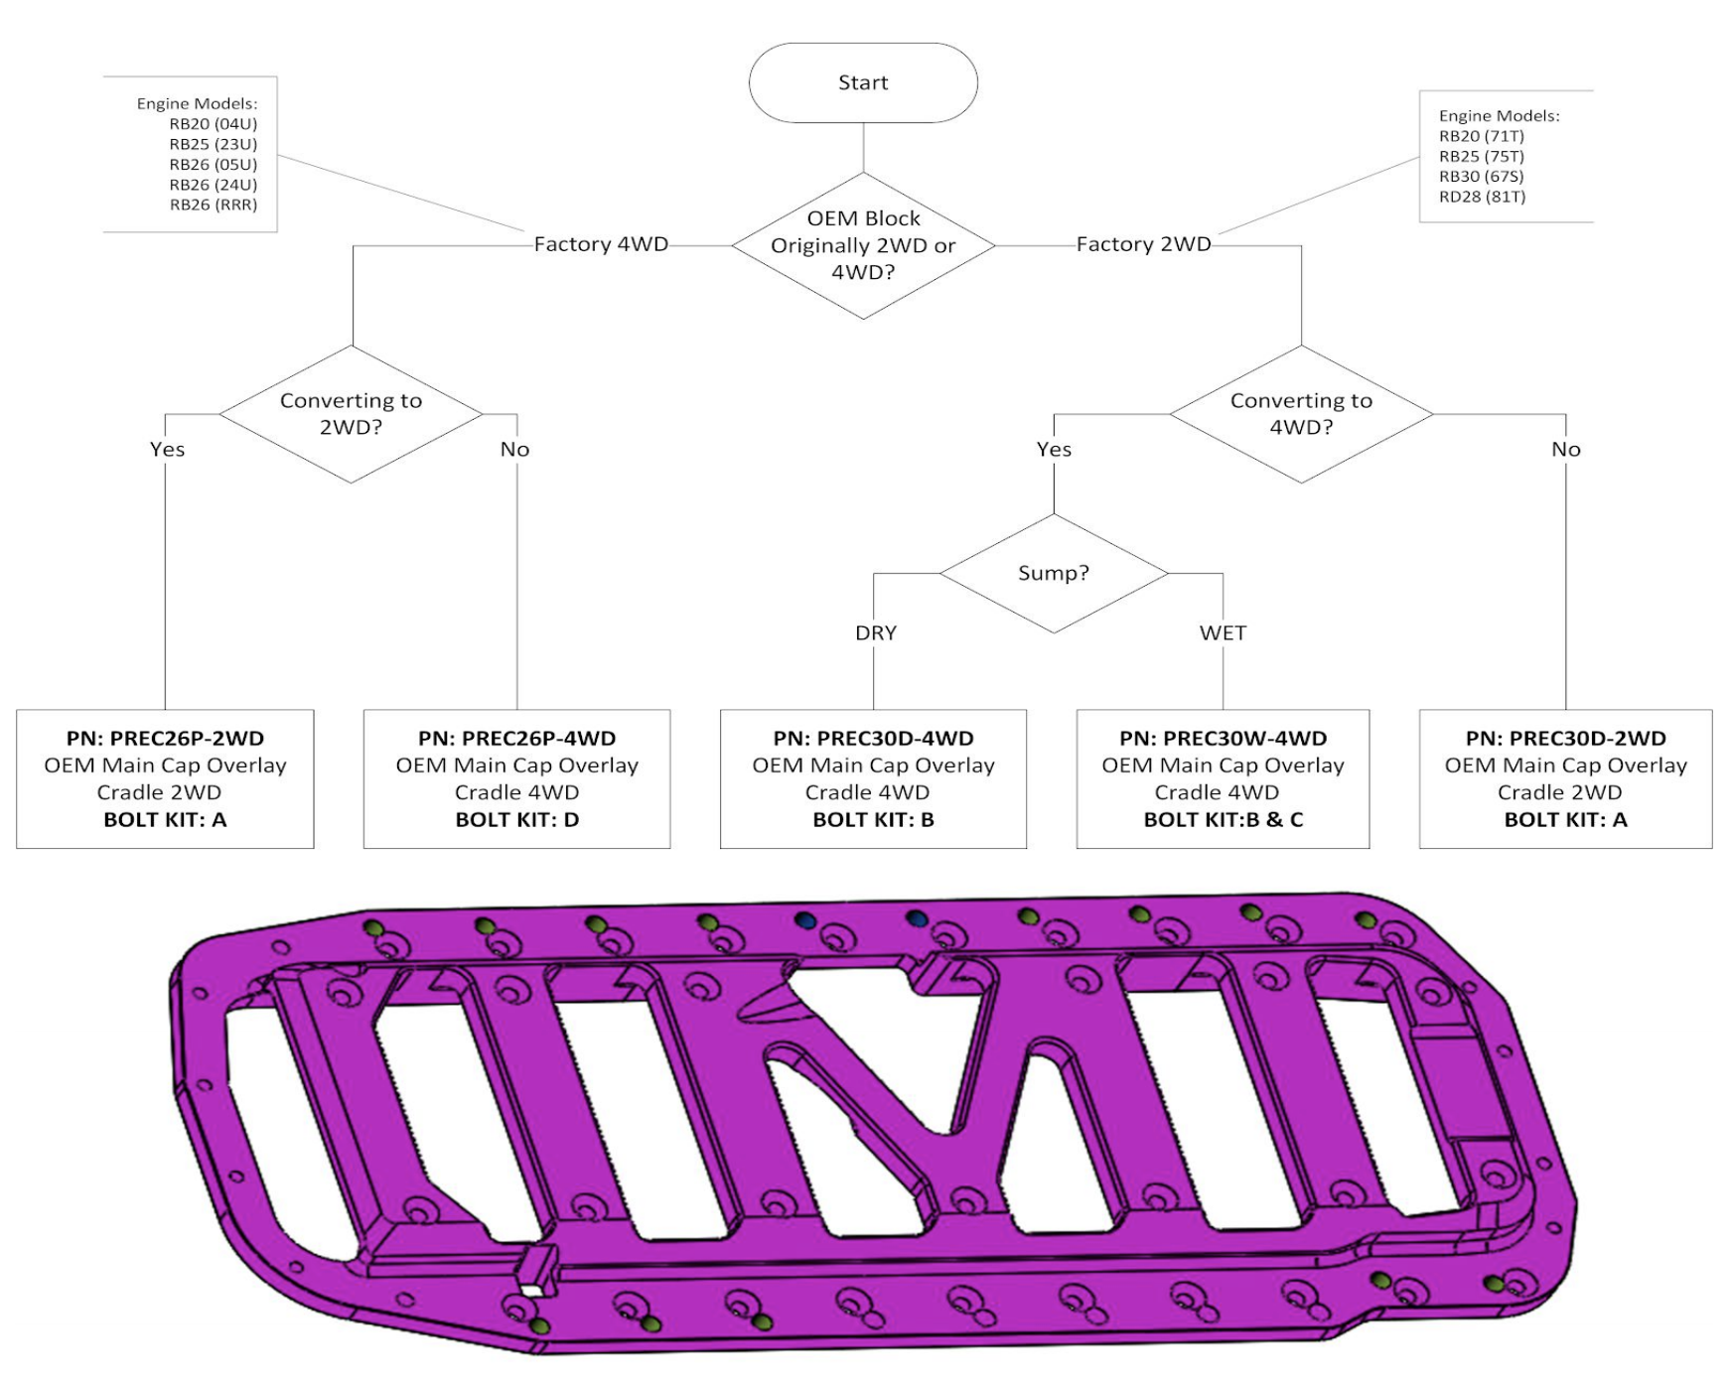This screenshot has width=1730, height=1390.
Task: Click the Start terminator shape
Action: click(862, 82)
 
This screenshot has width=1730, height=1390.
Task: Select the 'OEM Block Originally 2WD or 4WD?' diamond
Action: click(862, 245)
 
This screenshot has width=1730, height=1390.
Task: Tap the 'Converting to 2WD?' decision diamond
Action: click(351, 414)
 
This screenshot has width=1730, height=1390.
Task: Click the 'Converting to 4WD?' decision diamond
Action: click(1301, 414)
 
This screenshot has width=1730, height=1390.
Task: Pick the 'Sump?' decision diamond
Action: click(1053, 573)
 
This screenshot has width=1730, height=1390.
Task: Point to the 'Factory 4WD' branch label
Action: click(601, 244)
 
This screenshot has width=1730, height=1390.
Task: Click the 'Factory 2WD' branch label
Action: click(1143, 244)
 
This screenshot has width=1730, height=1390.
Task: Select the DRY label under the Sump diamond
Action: click(875, 633)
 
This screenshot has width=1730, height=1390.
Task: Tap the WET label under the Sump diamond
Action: click(1222, 633)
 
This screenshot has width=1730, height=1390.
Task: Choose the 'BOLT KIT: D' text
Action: click(516, 820)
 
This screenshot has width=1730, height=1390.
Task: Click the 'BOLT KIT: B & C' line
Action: click(1223, 820)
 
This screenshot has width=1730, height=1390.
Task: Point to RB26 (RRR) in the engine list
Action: click(213, 206)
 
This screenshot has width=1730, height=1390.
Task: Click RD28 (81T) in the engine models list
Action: click(1482, 197)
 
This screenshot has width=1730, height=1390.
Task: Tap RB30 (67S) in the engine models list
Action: click(1481, 177)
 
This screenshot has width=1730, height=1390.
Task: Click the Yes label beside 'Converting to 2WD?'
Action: click(167, 450)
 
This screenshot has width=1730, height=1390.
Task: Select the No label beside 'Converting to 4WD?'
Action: click(1565, 450)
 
